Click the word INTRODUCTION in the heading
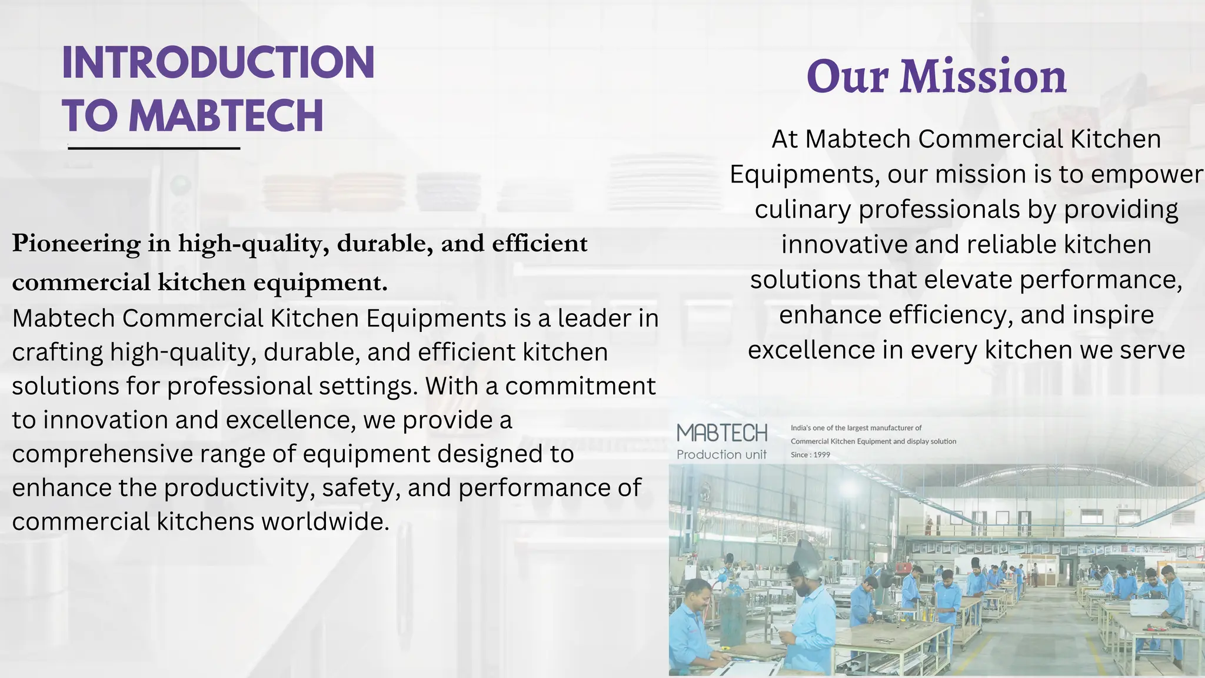point(218,62)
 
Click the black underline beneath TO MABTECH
point(154,148)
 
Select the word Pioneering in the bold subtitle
point(76,244)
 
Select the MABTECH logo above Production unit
point(722,433)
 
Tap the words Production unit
point(721,454)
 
